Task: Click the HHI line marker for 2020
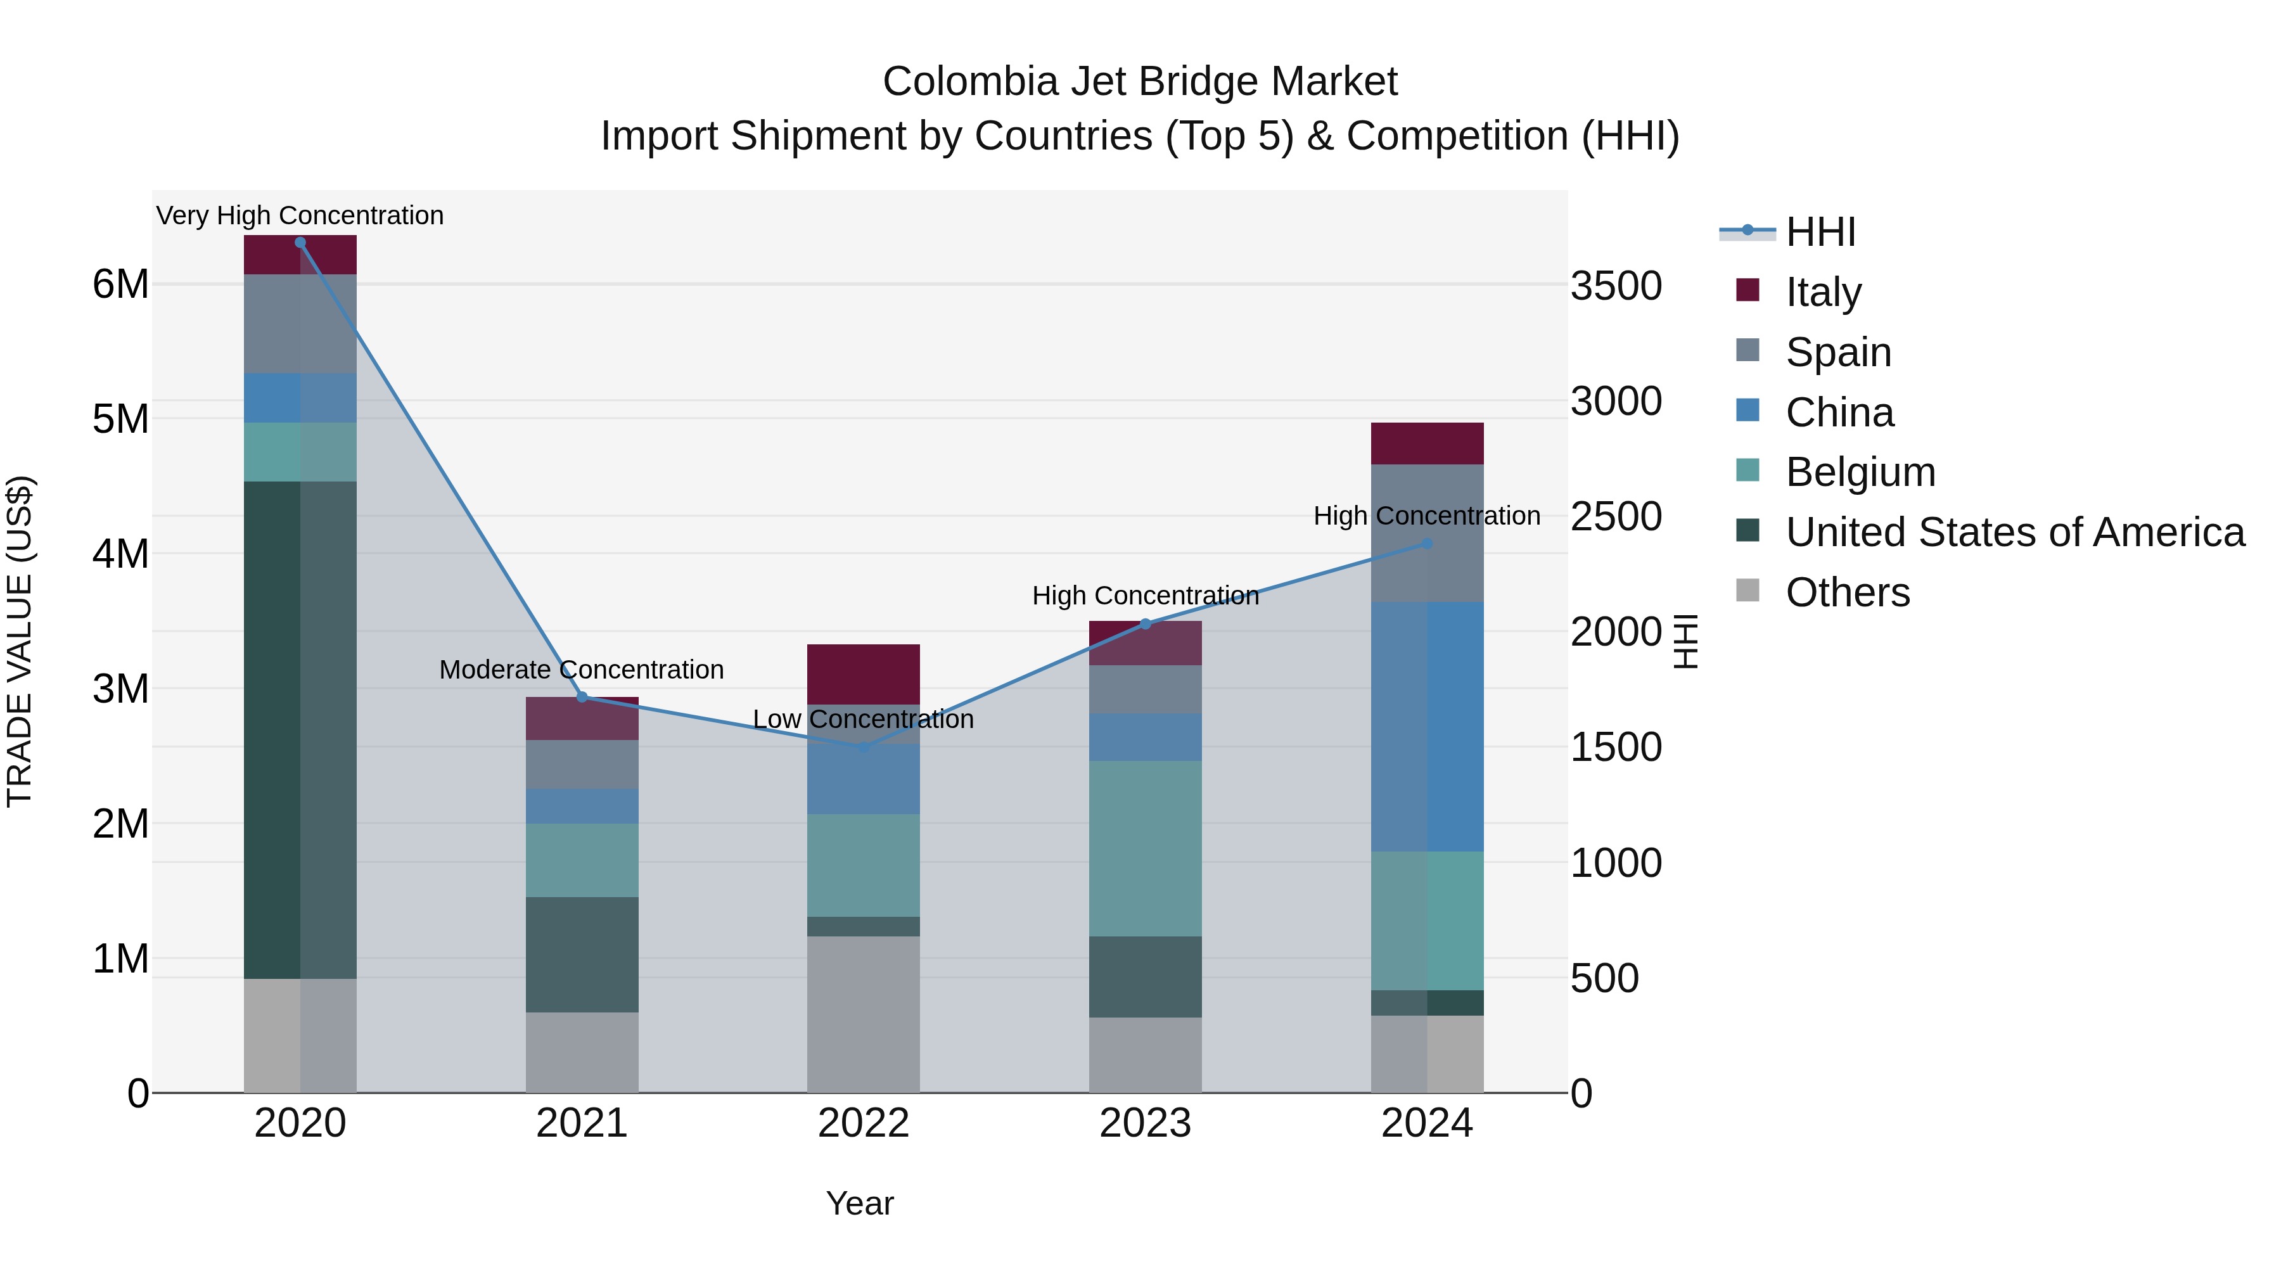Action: point(300,243)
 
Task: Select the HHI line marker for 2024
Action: point(1426,544)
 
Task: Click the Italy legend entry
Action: point(1822,291)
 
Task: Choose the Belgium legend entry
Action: point(1860,472)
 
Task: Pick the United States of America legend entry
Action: point(2014,532)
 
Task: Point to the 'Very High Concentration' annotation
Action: point(300,215)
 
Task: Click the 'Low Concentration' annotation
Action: point(864,719)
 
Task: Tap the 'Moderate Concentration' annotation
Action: point(582,670)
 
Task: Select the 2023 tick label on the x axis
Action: point(1145,1123)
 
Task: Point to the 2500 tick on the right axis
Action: point(1616,516)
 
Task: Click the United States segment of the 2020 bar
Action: point(300,730)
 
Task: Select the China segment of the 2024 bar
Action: point(1426,726)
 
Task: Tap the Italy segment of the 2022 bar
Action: point(864,674)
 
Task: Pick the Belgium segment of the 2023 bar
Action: point(1145,848)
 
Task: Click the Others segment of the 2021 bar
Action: point(582,1052)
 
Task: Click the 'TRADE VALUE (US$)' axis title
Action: point(20,641)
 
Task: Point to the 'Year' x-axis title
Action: point(860,1203)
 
